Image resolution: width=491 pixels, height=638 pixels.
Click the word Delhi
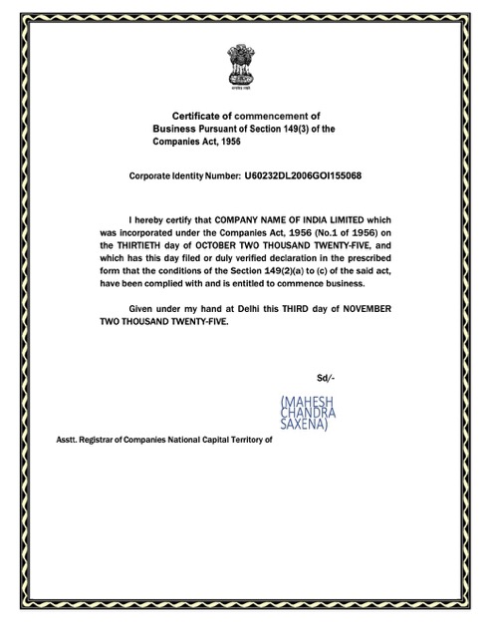point(258,309)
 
